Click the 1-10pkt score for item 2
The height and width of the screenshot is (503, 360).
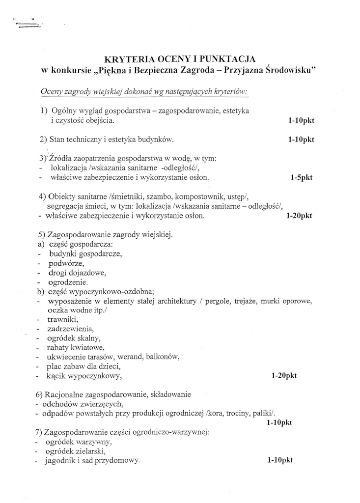point(301,140)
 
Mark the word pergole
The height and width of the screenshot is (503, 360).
point(217,301)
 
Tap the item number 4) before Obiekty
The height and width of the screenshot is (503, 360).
point(42,196)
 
